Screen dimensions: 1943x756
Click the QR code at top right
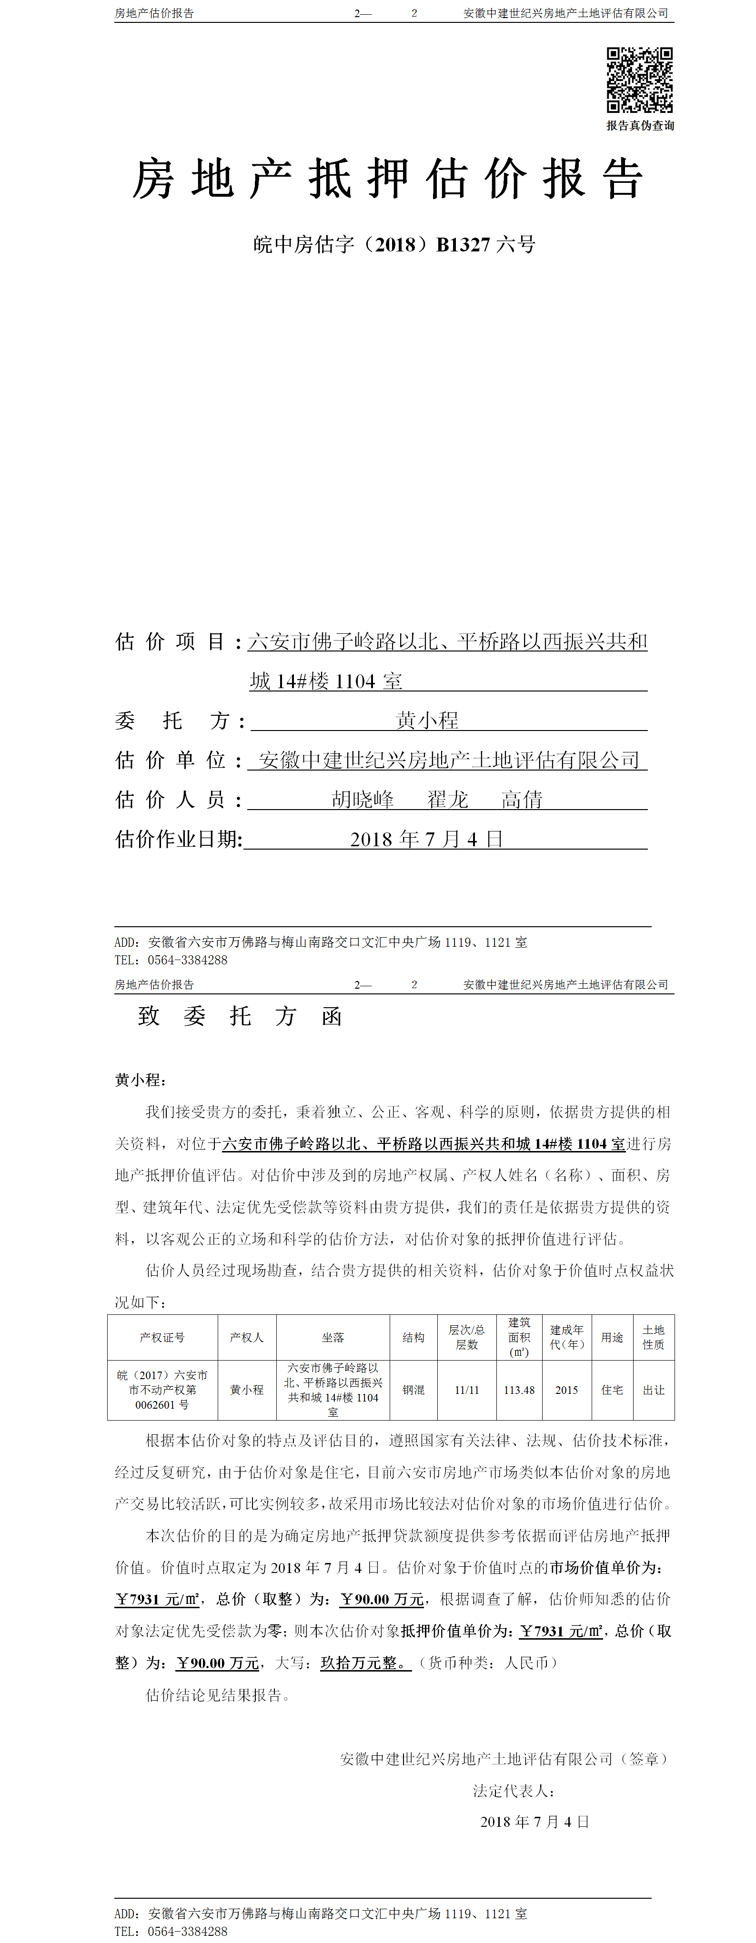pos(639,80)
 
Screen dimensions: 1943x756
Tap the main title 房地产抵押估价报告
pos(388,180)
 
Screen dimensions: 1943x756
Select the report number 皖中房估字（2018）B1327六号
pos(394,244)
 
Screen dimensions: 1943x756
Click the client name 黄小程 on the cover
pos(427,721)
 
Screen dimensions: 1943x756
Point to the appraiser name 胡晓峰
pos(363,800)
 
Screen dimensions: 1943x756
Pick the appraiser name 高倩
pos(522,800)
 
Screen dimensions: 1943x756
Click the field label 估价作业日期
pos(178,839)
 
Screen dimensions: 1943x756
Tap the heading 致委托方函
pos(240,1016)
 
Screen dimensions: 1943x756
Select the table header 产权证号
pos(162,1337)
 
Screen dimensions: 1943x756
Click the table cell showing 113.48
pos(519,1389)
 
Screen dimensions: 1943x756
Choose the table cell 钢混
pos(413,1389)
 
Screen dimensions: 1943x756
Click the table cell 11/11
pos(467,1389)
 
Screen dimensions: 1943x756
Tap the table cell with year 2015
pos(566,1389)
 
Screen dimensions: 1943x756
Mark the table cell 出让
pos(654,1389)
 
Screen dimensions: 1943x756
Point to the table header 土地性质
pos(654,1337)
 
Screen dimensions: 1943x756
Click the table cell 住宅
pos(612,1389)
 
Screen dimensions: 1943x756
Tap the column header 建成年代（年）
pos(566,1337)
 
